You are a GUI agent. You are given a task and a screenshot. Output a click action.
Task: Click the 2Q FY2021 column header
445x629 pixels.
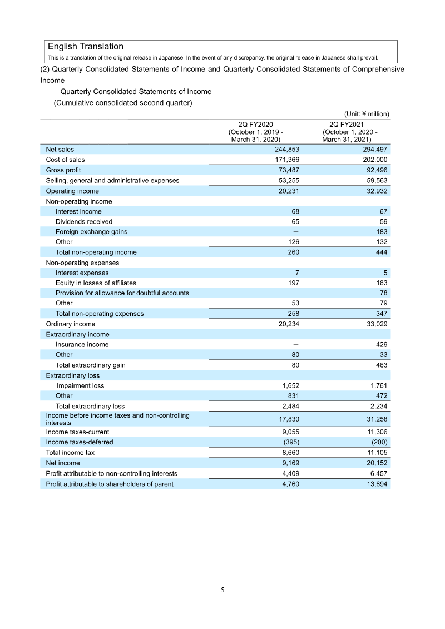349,132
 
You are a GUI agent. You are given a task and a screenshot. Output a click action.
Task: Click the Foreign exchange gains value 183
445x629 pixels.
382,231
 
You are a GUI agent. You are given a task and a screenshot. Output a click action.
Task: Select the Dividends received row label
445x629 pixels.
83,221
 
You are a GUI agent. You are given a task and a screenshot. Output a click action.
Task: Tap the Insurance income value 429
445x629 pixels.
382,344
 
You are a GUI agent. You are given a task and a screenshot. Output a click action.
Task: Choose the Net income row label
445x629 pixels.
63,463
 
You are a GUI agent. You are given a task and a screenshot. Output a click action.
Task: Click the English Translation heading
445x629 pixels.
85,47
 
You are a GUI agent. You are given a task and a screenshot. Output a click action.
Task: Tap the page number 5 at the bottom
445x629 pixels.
222,590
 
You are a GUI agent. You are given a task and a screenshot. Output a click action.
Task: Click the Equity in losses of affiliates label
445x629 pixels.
96,283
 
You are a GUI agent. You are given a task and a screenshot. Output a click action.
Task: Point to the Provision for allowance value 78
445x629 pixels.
383,293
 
